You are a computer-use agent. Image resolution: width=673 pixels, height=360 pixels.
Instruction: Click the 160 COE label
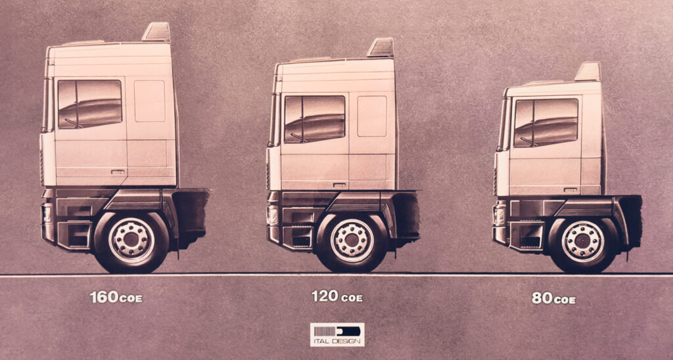coord(116,297)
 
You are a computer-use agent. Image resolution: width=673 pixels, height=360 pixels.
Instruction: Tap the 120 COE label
coord(337,296)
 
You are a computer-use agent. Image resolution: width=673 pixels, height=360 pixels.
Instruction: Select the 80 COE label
coord(553,298)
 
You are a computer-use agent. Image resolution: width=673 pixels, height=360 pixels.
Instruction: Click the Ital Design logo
coord(337,334)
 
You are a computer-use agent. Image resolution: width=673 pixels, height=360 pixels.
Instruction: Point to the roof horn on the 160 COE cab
coord(156,32)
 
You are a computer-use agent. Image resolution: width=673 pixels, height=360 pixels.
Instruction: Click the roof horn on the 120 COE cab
coord(381,48)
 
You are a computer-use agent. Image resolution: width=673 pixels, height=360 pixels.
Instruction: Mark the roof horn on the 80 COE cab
coord(588,72)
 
